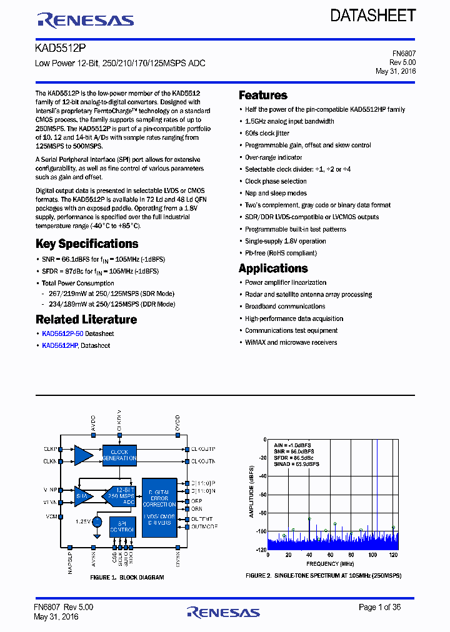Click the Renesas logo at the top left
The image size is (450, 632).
click(x=85, y=20)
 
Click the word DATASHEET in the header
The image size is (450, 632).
click(x=372, y=16)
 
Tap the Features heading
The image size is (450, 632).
click(x=263, y=96)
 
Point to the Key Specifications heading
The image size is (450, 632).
click(x=87, y=244)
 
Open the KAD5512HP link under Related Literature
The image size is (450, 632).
click(x=59, y=345)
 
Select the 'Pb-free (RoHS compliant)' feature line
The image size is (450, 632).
click(x=281, y=253)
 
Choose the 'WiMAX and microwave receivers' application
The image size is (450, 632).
click(x=291, y=342)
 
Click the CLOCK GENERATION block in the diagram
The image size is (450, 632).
click(x=119, y=455)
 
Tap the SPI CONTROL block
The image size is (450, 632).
click(x=122, y=526)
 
